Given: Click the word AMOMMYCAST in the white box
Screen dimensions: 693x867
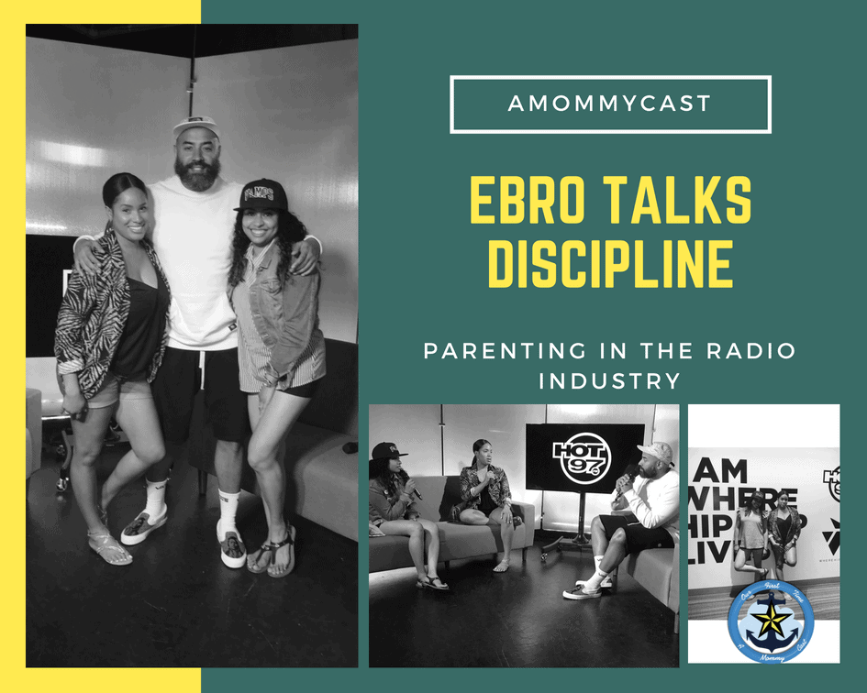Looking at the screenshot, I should [610, 104].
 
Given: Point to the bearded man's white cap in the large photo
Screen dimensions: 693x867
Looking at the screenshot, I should [197, 126].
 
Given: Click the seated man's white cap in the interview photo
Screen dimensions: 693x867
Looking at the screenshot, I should [654, 452].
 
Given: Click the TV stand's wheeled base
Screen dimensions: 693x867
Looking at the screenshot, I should [568, 549].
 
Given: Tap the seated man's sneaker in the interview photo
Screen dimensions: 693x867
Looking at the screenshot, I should [581, 590].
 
